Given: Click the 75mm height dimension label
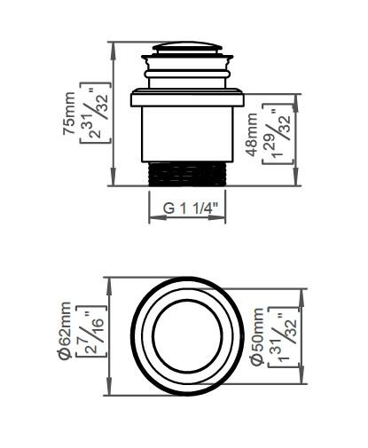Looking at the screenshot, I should click(70, 114).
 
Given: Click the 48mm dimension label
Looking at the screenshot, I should click(254, 133).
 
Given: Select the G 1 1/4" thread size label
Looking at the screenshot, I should click(189, 208).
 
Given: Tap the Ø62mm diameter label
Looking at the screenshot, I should click(65, 336).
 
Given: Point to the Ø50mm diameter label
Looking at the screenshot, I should click(256, 337).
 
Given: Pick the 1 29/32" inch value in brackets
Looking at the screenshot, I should click(278, 134).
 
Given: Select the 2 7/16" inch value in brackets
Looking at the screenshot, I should click(90, 336).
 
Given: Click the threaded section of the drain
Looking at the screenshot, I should click(188, 173).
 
